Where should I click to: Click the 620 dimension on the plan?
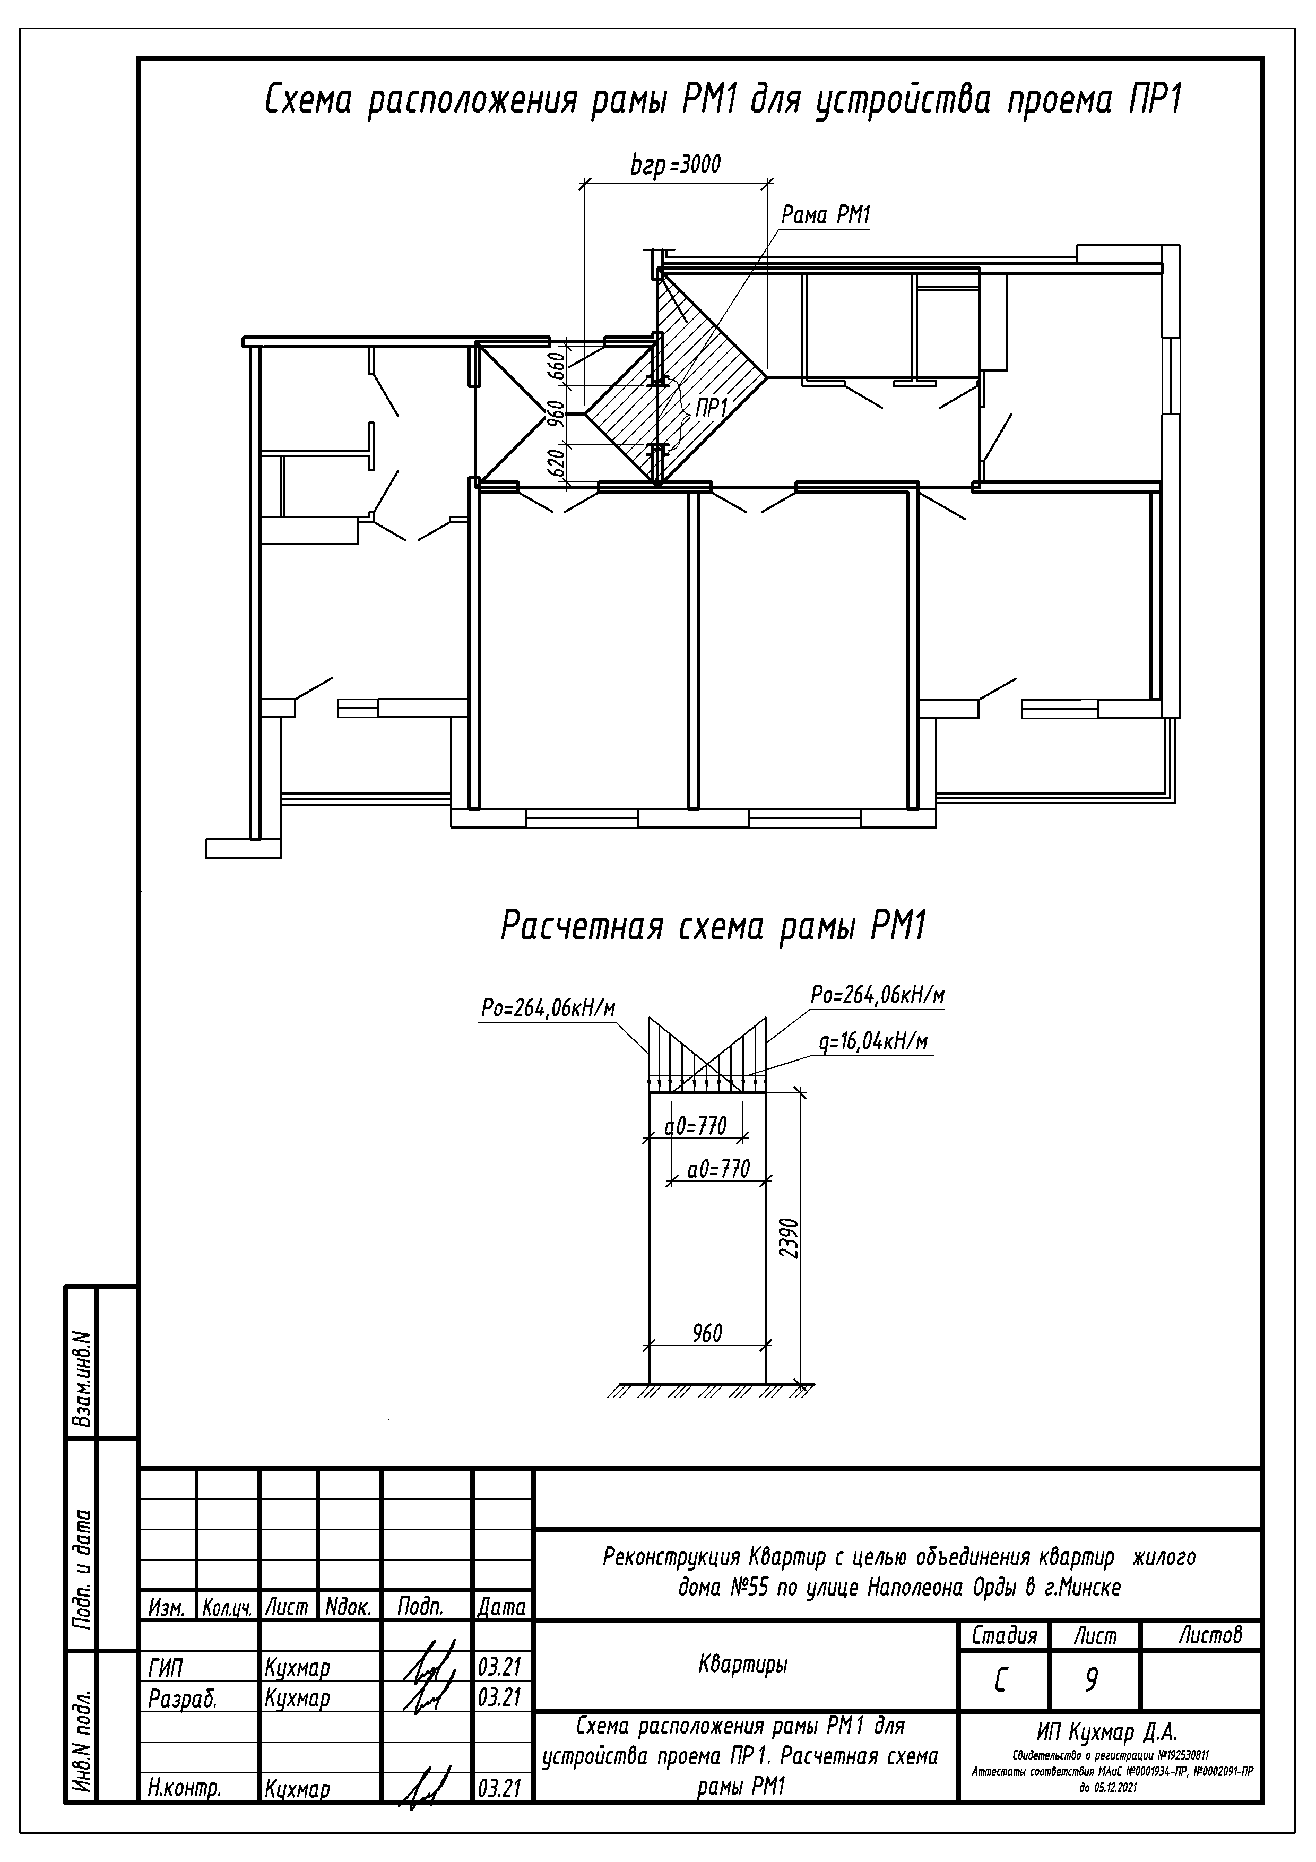pyautogui.click(x=556, y=462)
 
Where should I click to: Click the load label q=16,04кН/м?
pyautogui.click(x=872, y=1042)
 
